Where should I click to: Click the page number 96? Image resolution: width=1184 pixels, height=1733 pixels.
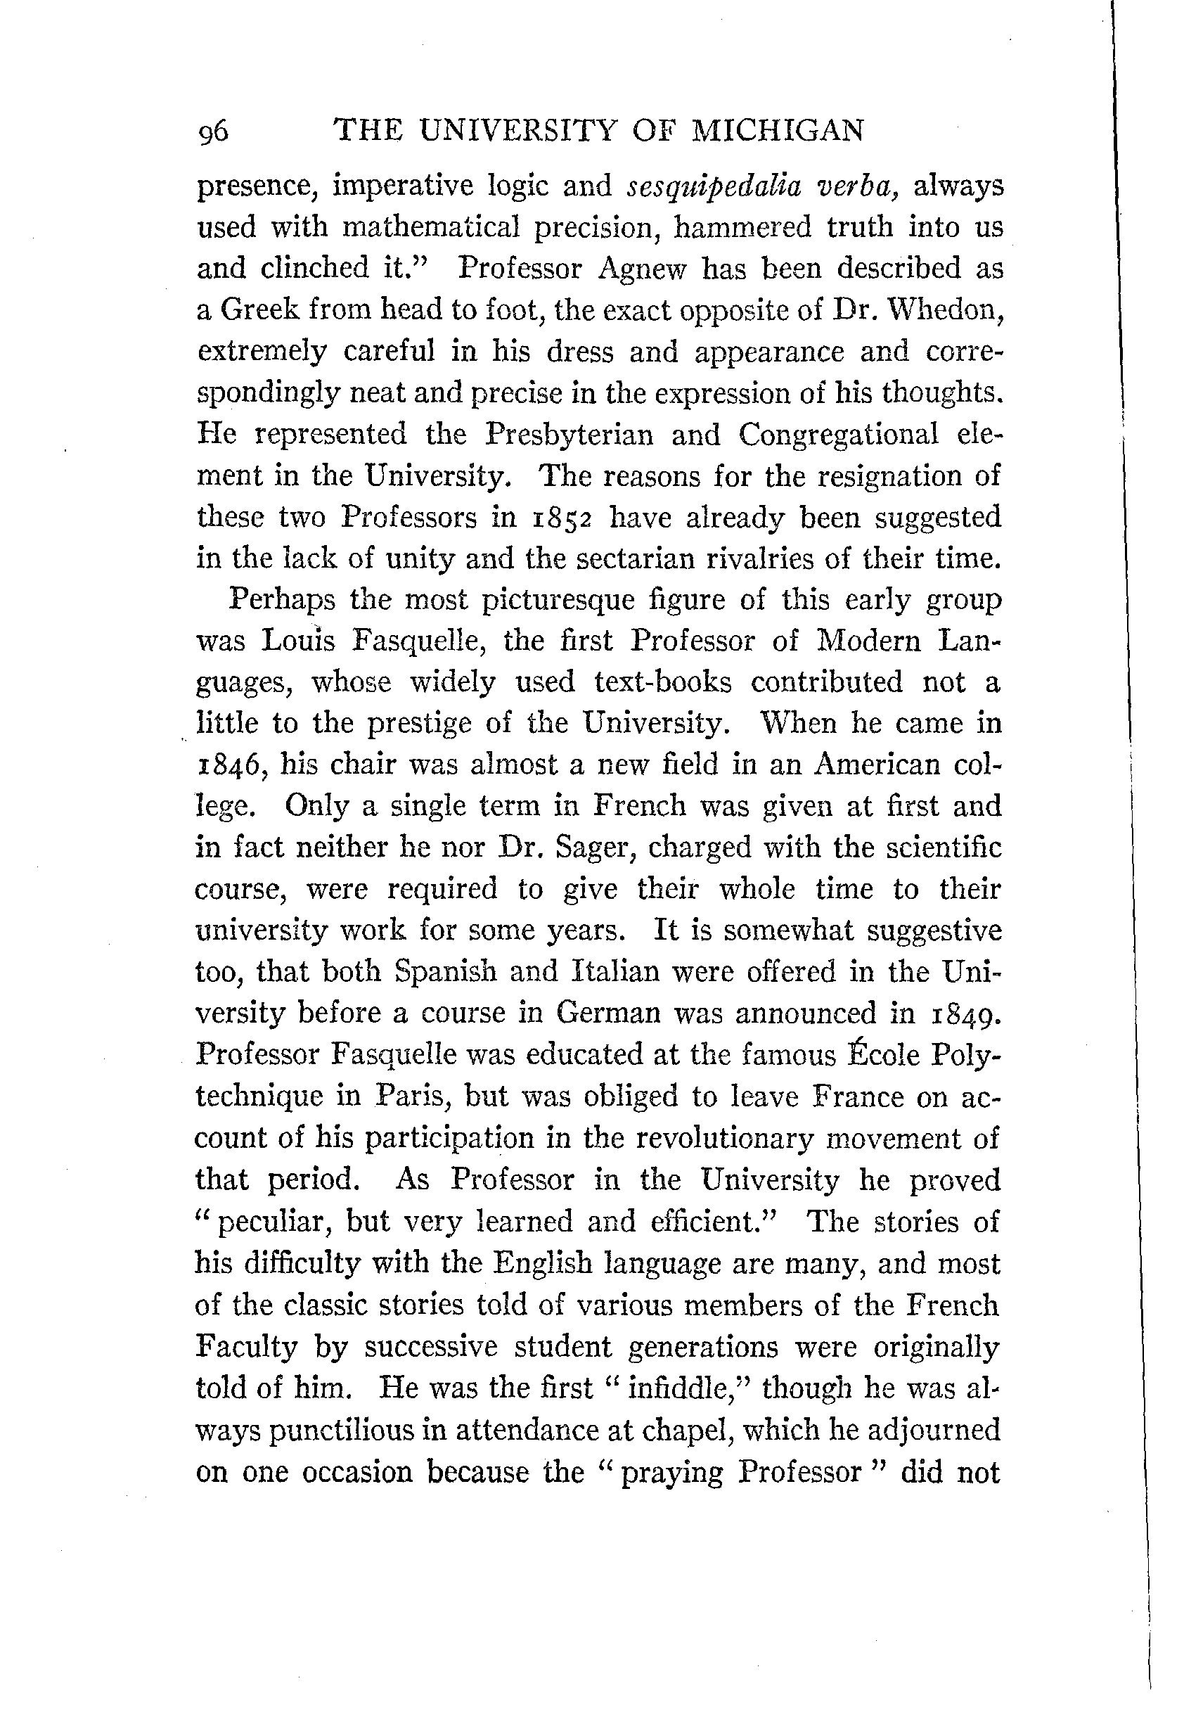click(213, 132)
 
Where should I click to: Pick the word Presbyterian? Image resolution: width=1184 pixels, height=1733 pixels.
click(569, 434)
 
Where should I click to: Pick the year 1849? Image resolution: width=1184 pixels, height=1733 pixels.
click(963, 1013)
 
